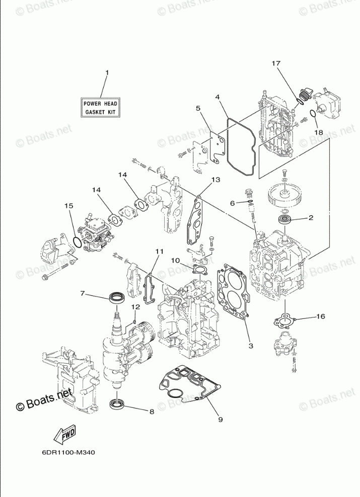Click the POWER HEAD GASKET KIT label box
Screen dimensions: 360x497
pos(100,108)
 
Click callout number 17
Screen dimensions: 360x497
pos(276,63)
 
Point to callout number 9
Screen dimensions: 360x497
pos(220,420)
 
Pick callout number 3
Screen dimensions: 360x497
pos(251,346)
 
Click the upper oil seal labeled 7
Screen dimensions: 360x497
pos(117,298)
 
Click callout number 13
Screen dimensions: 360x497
pos(215,180)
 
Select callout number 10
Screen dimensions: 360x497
pos(175,260)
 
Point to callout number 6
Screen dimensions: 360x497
pos(232,203)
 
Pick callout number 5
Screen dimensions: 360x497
pos(198,108)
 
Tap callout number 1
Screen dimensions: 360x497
pos(107,72)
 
